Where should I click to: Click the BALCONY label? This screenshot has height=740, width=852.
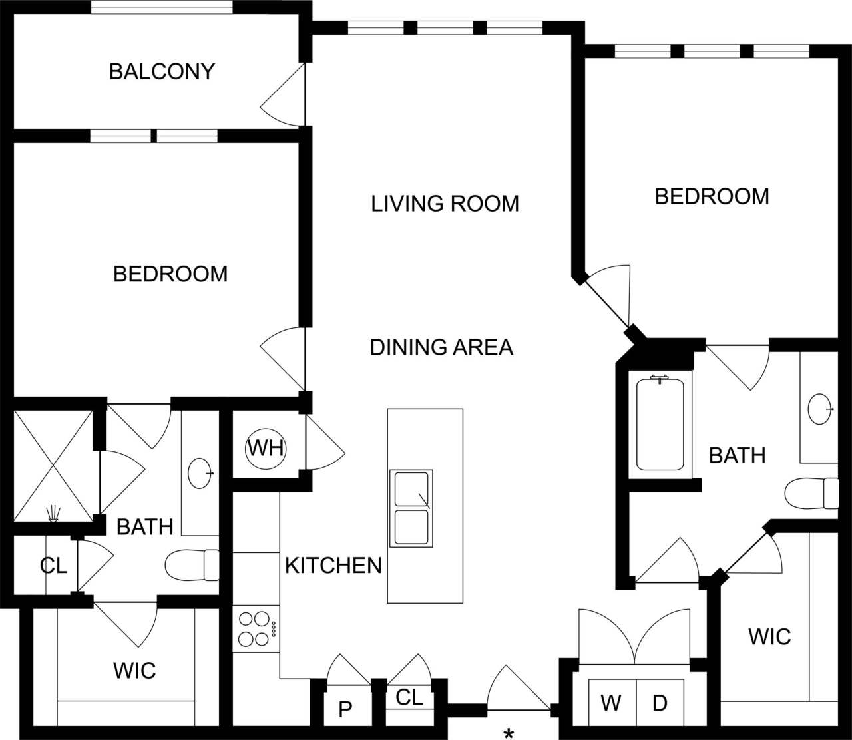point(162,71)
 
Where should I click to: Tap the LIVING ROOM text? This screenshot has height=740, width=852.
point(445,204)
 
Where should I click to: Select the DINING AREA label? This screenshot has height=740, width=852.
point(441,347)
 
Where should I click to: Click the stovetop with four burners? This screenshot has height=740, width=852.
point(256,629)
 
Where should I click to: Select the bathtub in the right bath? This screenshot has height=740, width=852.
point(660,424)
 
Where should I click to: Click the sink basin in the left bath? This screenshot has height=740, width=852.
point(200,473)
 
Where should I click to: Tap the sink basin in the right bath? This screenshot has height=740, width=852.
point(821,409)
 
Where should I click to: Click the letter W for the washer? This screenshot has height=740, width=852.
point(610,703)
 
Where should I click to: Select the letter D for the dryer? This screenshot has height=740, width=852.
point(659,703)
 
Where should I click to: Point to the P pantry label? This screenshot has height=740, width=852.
point(345,709)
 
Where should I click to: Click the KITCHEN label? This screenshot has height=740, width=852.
point(333,566)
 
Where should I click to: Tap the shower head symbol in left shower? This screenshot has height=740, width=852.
point(53,513)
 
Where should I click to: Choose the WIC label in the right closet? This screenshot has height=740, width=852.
point(769,637)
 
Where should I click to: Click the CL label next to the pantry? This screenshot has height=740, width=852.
point(409,697)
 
